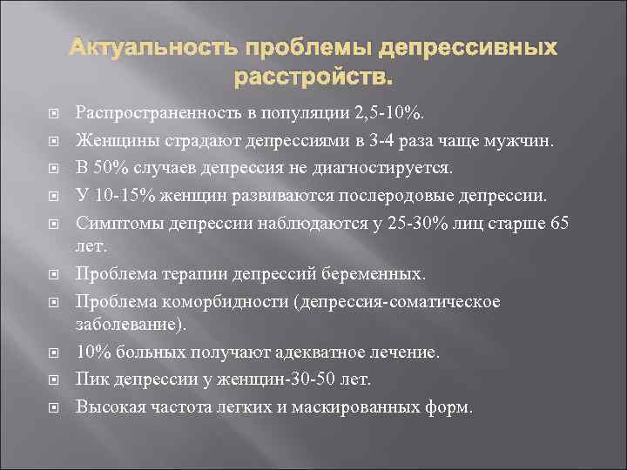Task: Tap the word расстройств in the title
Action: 313,78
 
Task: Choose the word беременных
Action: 381,274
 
